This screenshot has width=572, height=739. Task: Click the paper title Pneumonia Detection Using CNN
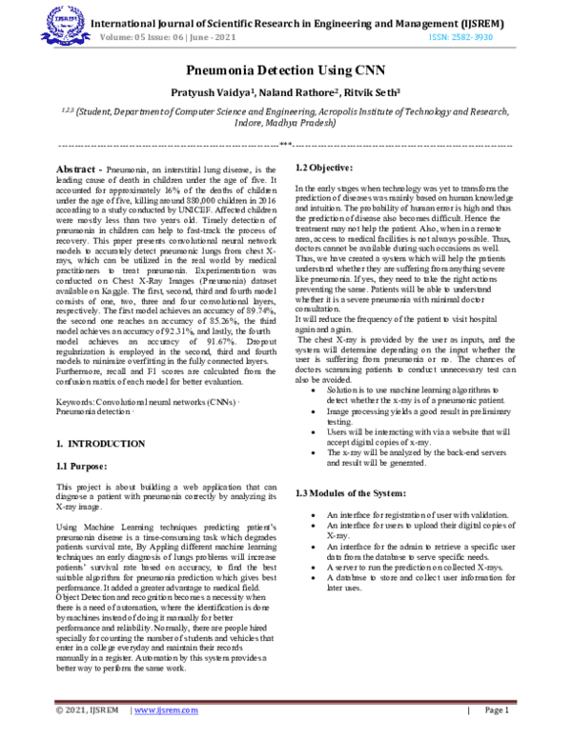pos(285,70)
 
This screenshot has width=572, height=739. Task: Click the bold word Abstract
pos(76,167)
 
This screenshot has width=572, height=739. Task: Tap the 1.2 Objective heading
pos(324,168)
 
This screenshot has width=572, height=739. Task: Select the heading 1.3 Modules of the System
pos(352,492)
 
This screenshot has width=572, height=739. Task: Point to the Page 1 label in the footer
pos(497,710)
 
